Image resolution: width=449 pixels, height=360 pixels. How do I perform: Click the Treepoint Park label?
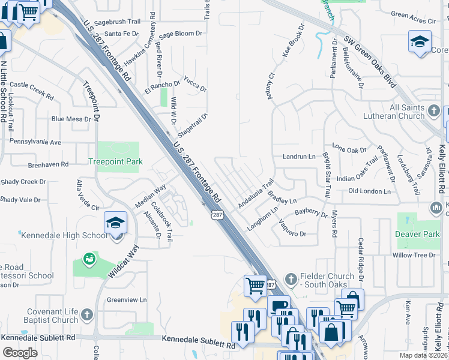coord(115,161)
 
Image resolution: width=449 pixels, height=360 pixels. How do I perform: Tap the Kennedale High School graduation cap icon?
coord(115,223)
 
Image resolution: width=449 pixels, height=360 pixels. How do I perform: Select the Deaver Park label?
coord(418,234)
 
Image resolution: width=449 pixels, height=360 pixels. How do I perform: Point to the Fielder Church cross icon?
coord(291,278)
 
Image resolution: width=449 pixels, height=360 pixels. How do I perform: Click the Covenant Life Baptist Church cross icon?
coord(87,314)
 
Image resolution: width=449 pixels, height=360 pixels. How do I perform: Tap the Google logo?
coord(20,353)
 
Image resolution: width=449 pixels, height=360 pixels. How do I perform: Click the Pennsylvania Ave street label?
coord(35,142)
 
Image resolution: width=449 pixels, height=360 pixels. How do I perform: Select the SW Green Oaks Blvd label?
coord(370,61)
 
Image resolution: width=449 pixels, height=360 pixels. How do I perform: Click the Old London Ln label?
coord(370,191)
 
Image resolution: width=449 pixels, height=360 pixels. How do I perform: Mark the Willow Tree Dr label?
coord(414,255)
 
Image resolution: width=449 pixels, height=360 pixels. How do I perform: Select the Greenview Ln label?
coord(127,299)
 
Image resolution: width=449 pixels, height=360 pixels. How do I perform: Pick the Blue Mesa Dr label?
coord(71,119)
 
